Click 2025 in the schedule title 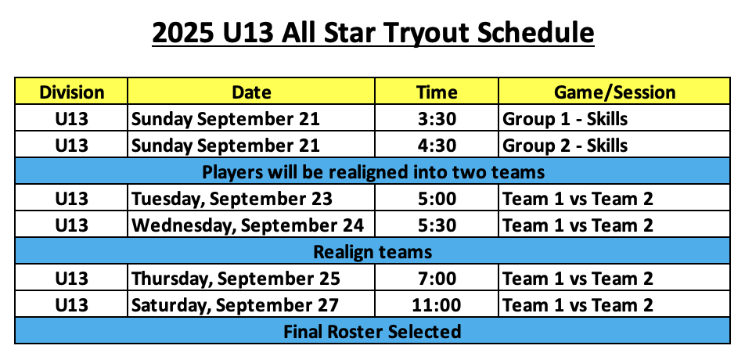pyautogui.click(x=183, y=32)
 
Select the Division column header pyautogui.click(x=72, y=92)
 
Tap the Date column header pyautogui.click(x=251, y=92)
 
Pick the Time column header pyautogui.click(x=437, y=92)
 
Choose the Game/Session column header pyautogui.click(x=614, y=92)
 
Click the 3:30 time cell pyautogui.click(x=437, y=118)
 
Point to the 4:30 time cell pyautogui.click(x=437, y=145)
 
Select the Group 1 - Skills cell pyautogui.click(x=565, y=119)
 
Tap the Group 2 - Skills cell pyautogui.click(x=565, y=146)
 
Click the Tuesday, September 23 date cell pyautogui.click(x=232, y=199)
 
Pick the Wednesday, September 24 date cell pyautogui.click(x=247, y=225)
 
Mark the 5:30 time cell pyautogui.click(x=437, y=225)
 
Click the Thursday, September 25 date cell pyautogui.click(x=236, y=279)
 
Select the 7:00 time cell pyautogui.click(x=437, y=279)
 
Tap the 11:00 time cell pyautogui.click(x=437, y=305)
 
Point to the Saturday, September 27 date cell pyautogui.click(x=236, y=305)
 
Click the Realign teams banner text pyautogui.click(x=372, y=252)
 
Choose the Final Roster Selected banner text pyautogui.click(x=372, y=331)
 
